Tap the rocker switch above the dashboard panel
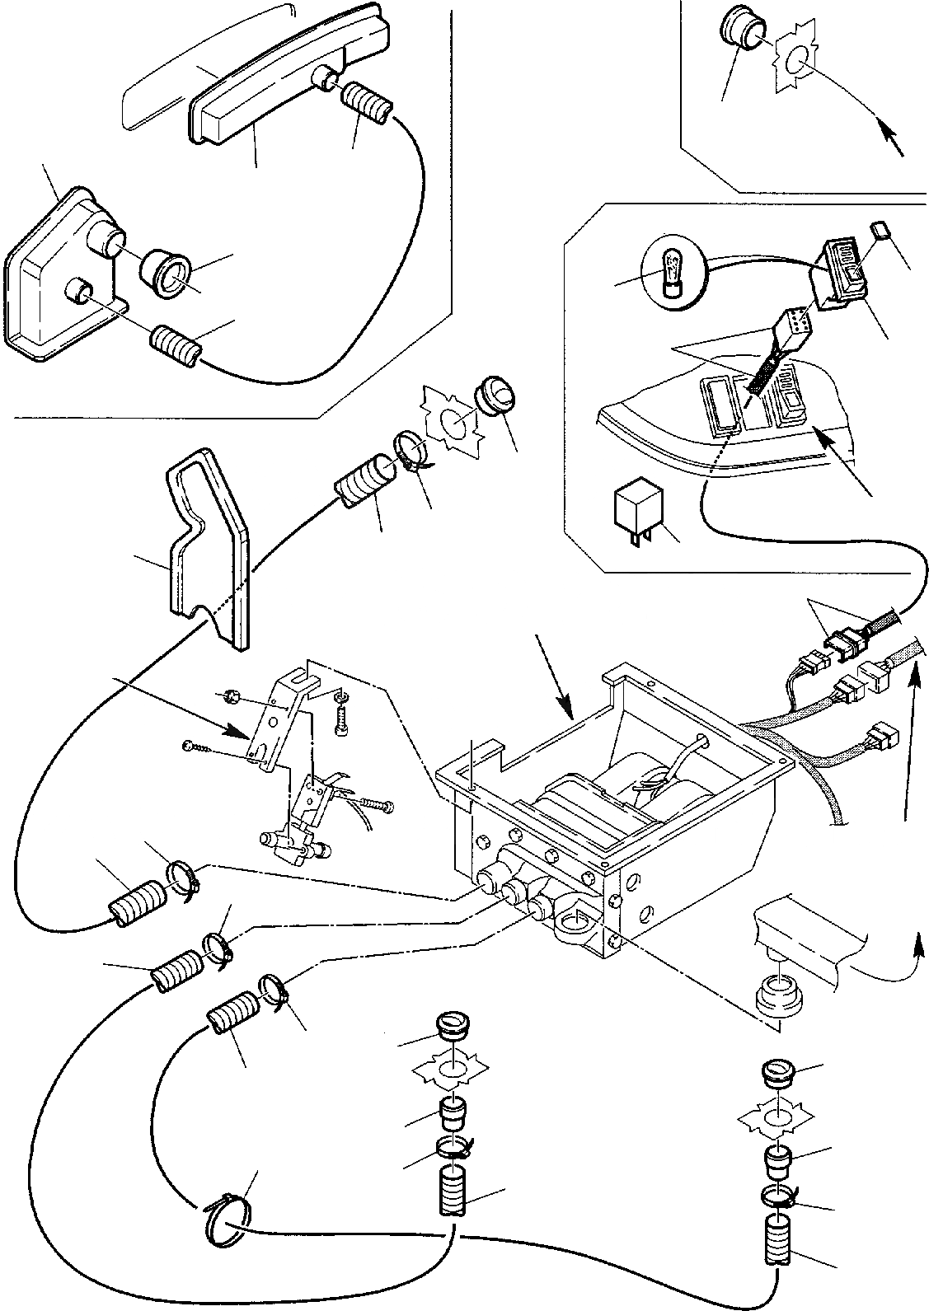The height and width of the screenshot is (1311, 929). point(842,269)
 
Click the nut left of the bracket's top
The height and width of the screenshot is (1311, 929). point(231,698)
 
